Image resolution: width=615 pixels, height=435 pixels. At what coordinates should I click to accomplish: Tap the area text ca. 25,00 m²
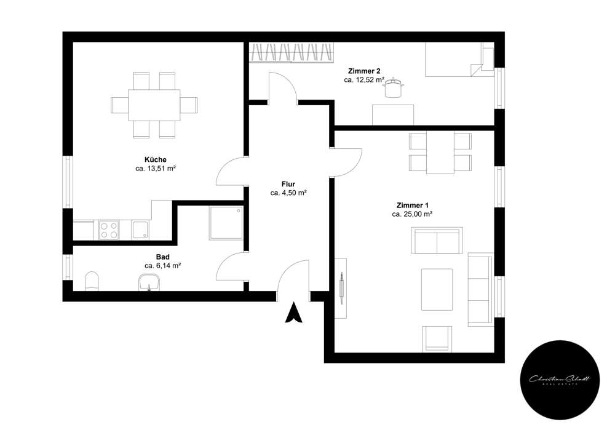point(412,214)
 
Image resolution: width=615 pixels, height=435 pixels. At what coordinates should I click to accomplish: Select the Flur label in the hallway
point(288,183)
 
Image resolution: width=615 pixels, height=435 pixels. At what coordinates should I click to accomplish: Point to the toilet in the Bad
point(92,281)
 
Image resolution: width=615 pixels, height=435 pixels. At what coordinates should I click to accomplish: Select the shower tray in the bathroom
point(226,222)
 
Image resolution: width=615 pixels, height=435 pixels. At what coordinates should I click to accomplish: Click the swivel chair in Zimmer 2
point(392,89)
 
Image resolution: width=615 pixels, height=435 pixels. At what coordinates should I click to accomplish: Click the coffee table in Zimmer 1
point(437,289)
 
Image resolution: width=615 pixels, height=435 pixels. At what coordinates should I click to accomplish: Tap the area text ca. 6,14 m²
point(162,265)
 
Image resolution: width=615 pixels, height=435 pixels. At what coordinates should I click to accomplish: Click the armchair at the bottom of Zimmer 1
point(437,339)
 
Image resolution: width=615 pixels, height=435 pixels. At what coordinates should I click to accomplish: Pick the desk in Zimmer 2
point(393,114)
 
